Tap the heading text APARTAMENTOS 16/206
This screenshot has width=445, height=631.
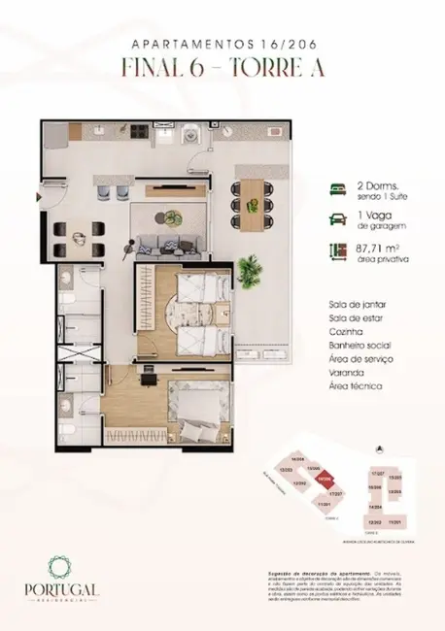coord(222,44)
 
